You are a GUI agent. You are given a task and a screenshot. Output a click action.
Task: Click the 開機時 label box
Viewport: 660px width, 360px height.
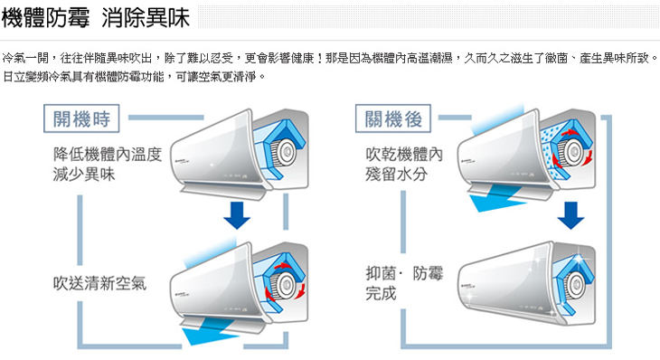click(81, 118)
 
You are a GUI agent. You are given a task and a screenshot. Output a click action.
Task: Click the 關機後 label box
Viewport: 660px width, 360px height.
click(393, 118)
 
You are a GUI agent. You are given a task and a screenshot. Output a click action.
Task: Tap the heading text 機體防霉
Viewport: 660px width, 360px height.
click(45, 18)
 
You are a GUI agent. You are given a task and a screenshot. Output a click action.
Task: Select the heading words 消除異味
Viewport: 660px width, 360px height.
click(146, 18)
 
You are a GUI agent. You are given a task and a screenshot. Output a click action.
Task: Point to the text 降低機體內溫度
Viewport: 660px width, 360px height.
click(108, 154)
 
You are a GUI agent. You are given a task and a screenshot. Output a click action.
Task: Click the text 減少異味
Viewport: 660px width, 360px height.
click(84, 174)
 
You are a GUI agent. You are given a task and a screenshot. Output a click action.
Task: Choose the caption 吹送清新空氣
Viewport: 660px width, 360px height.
click(99, 283)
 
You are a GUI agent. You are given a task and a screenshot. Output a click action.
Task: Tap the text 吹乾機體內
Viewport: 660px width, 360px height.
click(404, 154)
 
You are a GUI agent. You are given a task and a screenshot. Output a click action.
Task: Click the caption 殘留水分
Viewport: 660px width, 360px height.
click(396, 174)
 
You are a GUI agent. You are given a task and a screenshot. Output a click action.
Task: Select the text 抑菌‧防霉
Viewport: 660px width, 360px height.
click(404, 274)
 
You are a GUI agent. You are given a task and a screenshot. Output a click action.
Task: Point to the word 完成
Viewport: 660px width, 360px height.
click(381, 293)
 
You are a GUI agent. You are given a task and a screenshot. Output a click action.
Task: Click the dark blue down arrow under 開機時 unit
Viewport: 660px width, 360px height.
click(237, 215)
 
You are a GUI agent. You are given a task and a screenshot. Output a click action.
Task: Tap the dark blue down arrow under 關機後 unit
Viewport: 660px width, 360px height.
click(570, 215)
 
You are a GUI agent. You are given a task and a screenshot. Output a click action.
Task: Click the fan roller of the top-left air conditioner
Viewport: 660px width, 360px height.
click(283, 151)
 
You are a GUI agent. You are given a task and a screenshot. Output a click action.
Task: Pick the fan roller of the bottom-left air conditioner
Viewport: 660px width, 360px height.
click(283, 285)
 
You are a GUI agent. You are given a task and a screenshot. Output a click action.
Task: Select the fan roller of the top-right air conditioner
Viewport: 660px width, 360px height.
click(573, 151)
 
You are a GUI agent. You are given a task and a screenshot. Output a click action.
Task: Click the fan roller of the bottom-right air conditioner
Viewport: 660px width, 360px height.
click(573, 283)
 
